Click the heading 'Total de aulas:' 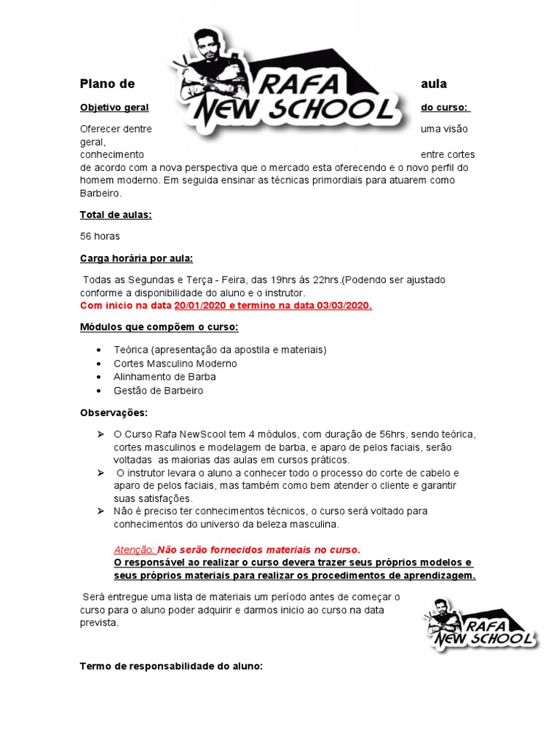pyautogui.click(x=116, y=215)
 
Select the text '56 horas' pyautogui.click(x=100, y=236)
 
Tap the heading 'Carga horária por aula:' pyautogui.click(x=136, y=258)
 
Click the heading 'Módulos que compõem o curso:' pyautogui.click(x=159, y=327)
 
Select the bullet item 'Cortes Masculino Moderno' pyautogui.click(x=175, y=363)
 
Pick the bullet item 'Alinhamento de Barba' pyautogui.click(x=164, y=377)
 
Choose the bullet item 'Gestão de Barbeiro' pyautogui.click(x=159, y=391)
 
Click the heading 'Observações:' pyautogui.click(x=114, y=413)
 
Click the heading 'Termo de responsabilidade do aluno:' pyautogui.click(x=171, y=666)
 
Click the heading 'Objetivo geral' pyautogui.click(x=114, y=108)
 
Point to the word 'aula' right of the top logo pyautogui.click(x=434, y=84)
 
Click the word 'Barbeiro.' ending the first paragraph pyautogui.click(x=101, y=194)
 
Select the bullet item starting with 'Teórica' pyautogui.click(x=221, y=350)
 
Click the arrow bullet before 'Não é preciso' pyautogui.click(x=100, y=511)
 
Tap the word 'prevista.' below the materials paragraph pyautogui.click(x=98, y=624)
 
